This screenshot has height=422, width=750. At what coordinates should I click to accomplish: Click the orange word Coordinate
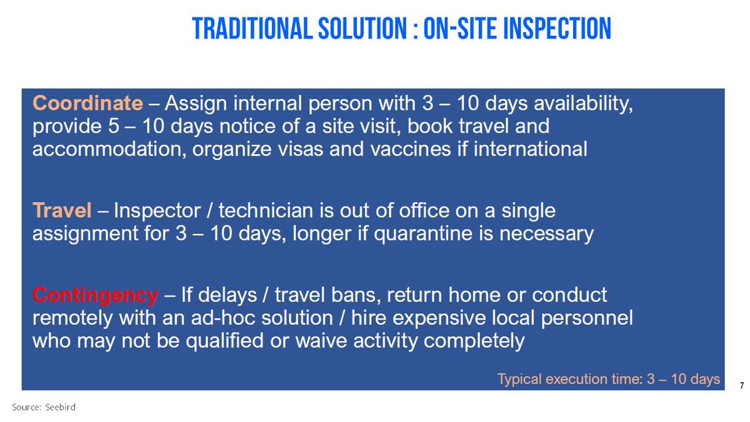88,103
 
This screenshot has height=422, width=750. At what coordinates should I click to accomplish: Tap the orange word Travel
62,210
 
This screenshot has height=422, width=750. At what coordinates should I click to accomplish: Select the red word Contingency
95,295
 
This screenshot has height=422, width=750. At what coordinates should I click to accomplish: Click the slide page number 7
742,385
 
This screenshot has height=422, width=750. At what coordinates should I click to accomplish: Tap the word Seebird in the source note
61,407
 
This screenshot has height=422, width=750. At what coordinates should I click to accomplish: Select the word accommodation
110,150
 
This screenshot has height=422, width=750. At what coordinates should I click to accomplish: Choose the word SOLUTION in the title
362,28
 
